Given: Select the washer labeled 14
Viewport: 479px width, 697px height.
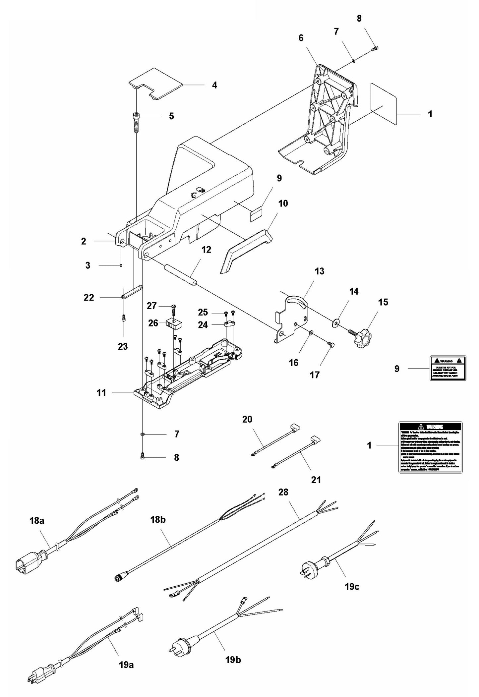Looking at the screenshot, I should point(337,322).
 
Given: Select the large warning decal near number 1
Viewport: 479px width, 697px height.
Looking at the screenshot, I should point(430,447).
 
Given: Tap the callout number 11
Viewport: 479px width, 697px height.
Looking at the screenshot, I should point(101,393).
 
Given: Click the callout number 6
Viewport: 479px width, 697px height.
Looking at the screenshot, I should point(301,38).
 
